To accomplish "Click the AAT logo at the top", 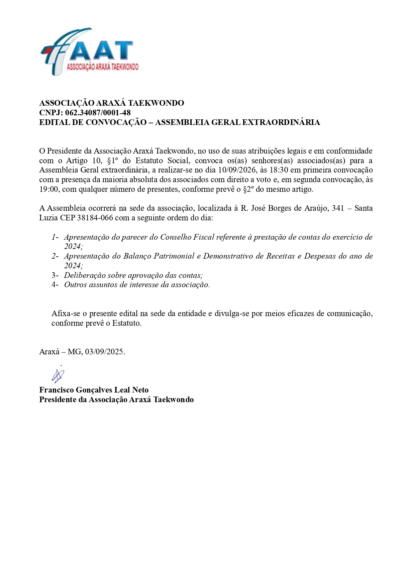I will coord(89,52).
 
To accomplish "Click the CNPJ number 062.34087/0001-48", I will coord(98,113).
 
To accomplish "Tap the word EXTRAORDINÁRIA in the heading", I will coord(281,122).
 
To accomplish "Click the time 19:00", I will coord(50,189).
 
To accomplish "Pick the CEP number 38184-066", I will coord(95,218).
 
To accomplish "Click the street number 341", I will coord(338,208).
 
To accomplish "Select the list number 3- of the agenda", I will coord(55,276).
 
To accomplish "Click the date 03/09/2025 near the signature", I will coord(104,352).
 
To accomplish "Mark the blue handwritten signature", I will coord(58,375).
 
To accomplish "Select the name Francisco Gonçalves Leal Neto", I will coord(94,390).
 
